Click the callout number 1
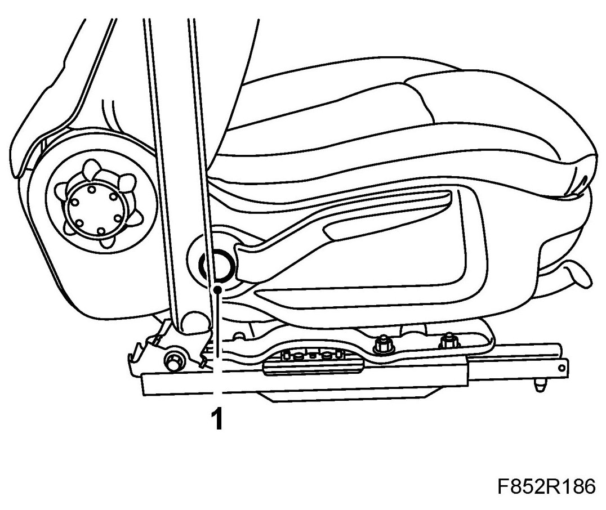coord(216,419)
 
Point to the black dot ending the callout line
coord(217,289)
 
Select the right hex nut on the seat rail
coord(448,341)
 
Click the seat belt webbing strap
coord(175,141)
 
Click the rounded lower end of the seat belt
coord(194,321)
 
